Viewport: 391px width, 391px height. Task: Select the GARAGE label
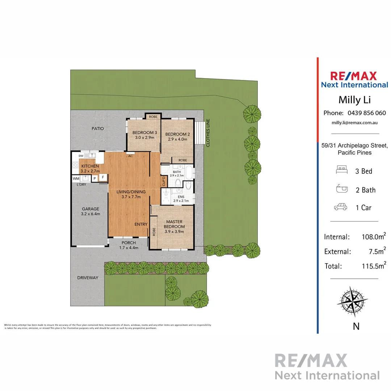pos(90,209)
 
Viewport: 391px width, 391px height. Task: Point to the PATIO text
pos(97,129)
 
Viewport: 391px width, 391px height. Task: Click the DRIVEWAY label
pos(87,278)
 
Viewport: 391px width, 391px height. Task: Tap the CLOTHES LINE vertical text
pos(208,133)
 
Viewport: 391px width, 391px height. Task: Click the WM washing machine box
pos(76,178)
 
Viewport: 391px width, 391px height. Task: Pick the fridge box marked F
pos(103,177)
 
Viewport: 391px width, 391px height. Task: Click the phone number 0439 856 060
pos(366,113)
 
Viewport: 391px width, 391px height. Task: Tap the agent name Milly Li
pos(354,99)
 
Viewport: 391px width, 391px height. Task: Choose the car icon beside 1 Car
pos(340,207)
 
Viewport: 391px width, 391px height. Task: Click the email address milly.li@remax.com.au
pos(354,123)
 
